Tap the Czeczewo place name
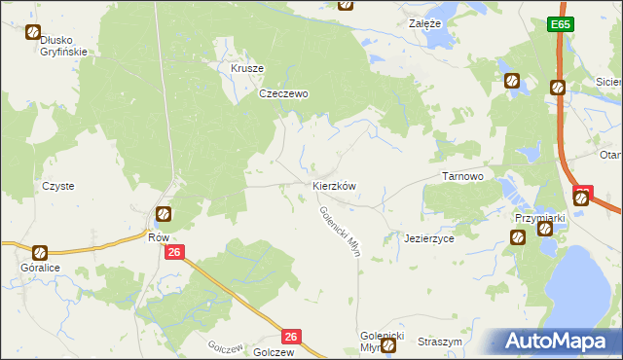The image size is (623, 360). [283, 94]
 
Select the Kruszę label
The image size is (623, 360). [247, 69]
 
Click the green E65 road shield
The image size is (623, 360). [558, 24]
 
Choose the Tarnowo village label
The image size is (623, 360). [463, 176]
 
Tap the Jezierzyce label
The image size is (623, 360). [429, 238]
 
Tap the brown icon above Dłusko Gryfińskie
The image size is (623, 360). [31, 31]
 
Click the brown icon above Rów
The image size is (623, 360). [164, 213]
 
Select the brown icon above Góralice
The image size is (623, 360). [39, 251]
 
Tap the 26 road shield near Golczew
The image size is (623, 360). [291, 336]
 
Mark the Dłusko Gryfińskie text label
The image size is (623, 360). [64, 46]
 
